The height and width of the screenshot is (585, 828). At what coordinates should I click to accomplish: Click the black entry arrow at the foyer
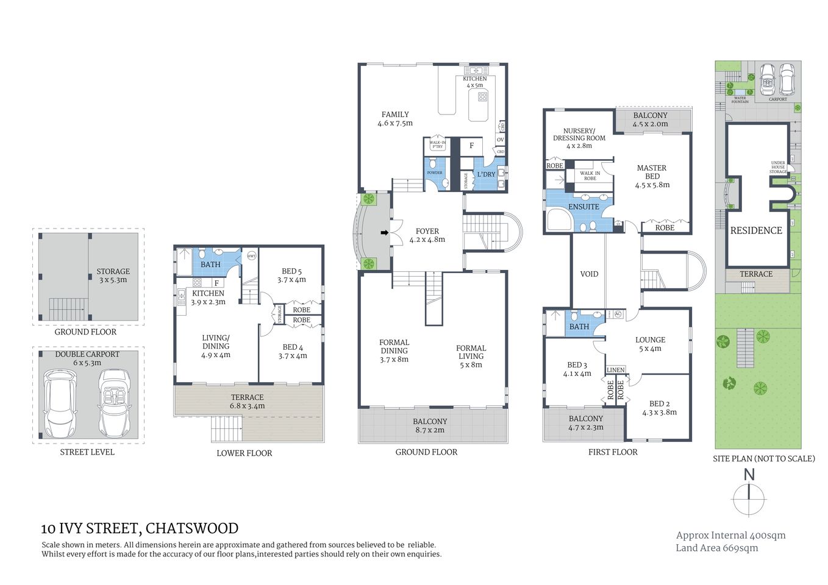pos(384,232)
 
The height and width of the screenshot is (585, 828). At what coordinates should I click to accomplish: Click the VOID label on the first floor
pos(589,274)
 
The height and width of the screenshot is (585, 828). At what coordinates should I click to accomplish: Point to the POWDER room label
pos(434,173)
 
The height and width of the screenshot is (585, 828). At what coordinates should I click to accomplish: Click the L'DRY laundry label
pos(486,174)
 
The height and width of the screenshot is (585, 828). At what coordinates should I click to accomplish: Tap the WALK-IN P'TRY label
pos(437,145)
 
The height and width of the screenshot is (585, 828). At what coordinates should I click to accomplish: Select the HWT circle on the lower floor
pos(251,257)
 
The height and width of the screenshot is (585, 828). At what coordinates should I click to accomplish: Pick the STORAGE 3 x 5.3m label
pos(113,275)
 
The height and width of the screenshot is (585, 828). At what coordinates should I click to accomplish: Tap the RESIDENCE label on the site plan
pos(756,231)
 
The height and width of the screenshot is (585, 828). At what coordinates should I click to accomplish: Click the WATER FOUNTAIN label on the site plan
pos(740,100)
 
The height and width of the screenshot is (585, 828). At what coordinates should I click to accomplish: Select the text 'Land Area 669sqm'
pos(716,548)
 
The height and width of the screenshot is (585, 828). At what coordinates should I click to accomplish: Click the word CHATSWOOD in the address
pos(192,528)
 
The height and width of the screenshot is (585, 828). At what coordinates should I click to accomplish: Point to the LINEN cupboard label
pos(615,370)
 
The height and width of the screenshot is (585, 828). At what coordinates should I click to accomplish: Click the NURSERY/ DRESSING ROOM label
pos(579,138)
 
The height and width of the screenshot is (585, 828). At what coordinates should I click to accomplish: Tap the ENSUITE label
pos(584,207)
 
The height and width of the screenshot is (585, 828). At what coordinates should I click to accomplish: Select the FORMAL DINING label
pos(394,350)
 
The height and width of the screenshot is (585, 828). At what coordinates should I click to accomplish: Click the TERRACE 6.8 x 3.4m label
pos(247,402)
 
